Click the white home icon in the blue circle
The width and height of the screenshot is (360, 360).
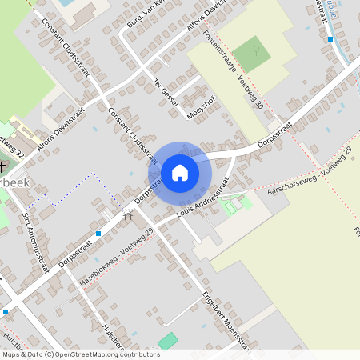(180, 173)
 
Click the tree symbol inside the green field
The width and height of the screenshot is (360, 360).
(255, 50)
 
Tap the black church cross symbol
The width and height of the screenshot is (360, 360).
(2, 167)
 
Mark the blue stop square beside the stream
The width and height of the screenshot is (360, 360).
(330, 38)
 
